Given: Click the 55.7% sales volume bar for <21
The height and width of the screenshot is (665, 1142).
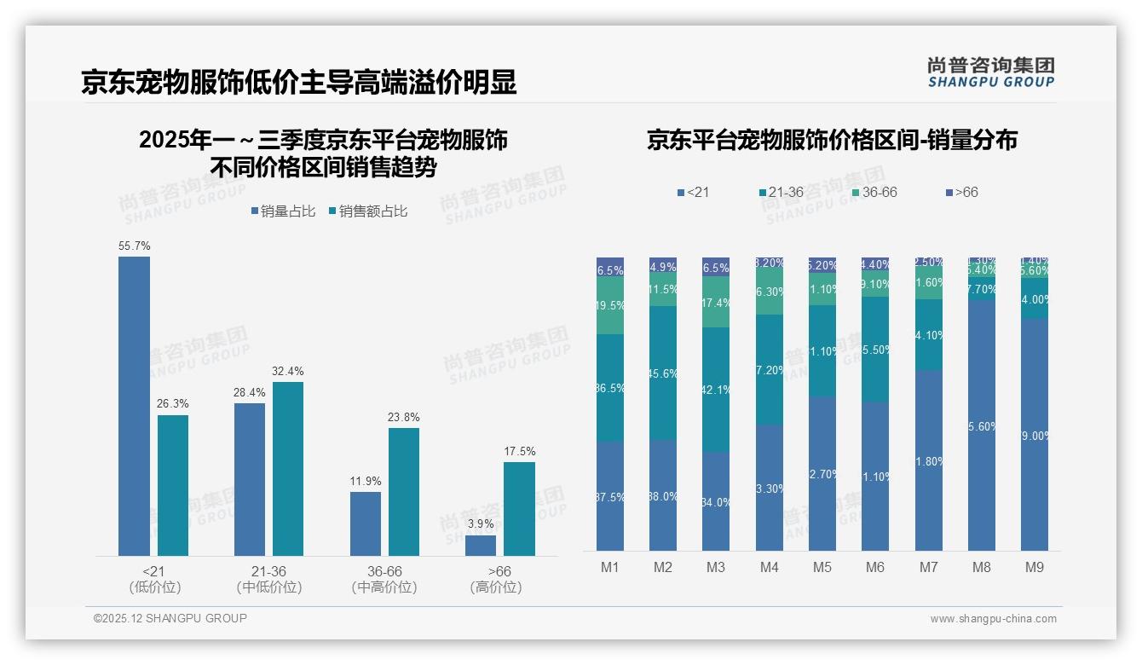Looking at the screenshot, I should pyautogui.click(x=134, y=406).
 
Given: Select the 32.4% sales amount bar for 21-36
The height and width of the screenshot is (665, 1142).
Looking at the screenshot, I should pyautogui.click(x=288, y=469).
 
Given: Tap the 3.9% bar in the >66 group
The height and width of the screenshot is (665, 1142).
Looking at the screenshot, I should pyautogui.click(x=481, y=546).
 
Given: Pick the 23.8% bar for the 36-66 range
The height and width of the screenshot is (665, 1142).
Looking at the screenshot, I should pyautogui.click(x=404, y=492).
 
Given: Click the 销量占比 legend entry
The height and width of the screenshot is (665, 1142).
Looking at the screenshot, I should pyautogui.click(x=283, y=211).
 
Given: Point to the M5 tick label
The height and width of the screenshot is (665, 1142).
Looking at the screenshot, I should pyautogui.click(x=822, y=567).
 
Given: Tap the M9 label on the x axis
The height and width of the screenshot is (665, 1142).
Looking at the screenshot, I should pyautogui.click(x=1034, y=567).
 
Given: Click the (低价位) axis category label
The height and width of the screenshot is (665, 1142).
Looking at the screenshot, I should pyautogui.click(x=154, y=587).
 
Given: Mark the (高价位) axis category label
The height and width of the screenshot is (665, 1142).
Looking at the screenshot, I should pyautogui.click(x=496, y=587).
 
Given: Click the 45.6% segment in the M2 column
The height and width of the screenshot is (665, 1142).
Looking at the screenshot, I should pyautogui.click(x=663, y=373).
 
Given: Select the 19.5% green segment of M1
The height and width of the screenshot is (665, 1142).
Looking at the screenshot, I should pyautogui.click(x=610, y=305).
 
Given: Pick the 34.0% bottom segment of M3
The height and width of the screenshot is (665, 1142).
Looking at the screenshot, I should pyautogui.click(x=716, y=501).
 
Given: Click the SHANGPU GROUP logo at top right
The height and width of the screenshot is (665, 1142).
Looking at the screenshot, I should pyautogui.click(x=990, y=72).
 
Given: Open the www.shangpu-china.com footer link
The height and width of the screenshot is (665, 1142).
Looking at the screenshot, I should pyautogui.click(x=993, y=619).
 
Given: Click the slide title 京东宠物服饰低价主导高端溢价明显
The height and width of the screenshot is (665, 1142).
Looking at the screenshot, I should pyautogui.click(x=298, y=83).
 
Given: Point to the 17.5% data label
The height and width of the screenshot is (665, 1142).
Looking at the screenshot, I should pyautogui.click(x=519, y=452).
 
